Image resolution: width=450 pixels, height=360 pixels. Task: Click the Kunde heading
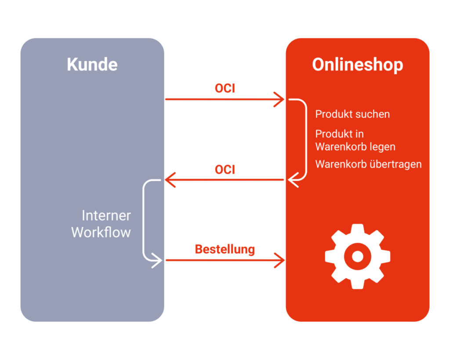pos(92,64)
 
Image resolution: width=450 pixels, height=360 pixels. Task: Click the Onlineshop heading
pos(358,65)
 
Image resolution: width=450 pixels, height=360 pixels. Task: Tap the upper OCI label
pos(225,88)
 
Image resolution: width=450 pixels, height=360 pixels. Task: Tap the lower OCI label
pos(225,170)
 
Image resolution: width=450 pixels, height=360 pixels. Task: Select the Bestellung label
pos(225,249)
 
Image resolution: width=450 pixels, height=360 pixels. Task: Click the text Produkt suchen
pos(352,114)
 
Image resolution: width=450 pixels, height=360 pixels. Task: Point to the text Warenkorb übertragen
pos(369,164)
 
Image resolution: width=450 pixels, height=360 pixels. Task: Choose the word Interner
pos(106,215)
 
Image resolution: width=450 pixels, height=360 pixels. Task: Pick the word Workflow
pos(101,232)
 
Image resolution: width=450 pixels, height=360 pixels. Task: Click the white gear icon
pos(358,256)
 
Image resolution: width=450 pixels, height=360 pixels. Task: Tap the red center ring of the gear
pos(358,256)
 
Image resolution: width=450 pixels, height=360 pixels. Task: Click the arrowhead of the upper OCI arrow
pos(279,99)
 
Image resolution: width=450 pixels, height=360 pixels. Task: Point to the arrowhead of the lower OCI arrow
pos(170,180)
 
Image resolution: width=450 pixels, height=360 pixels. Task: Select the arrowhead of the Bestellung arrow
pos(279,260)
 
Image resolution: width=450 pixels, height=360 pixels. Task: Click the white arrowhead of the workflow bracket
pos(157,261)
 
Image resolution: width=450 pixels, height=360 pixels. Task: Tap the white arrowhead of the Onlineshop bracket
pos(293,180)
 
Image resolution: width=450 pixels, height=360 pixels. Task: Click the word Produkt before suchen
pos(334,114)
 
